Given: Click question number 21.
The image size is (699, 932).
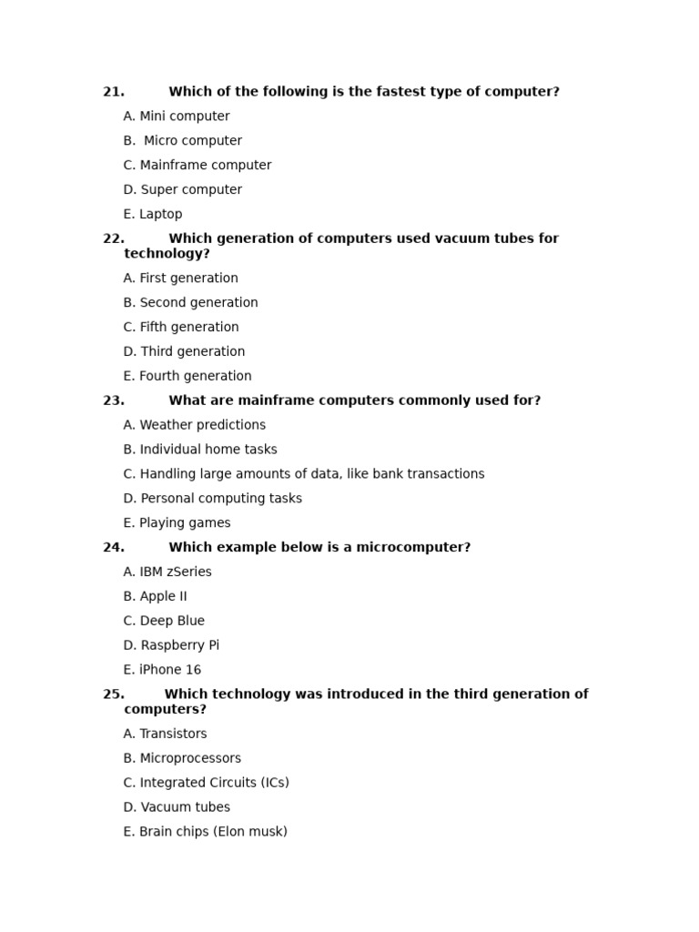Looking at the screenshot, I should pos(113,92).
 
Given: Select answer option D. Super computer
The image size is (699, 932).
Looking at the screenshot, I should pos(182,190).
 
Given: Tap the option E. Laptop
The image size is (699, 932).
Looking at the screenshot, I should pos(153,215).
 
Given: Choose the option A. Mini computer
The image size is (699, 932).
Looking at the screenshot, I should pos(177,116).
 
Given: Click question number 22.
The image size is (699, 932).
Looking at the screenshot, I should pos(113,238).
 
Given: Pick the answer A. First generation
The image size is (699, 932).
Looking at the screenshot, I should pos(180,279).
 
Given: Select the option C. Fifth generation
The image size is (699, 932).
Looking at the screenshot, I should pos(181,328).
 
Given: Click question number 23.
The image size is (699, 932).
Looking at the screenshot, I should pos(113,400).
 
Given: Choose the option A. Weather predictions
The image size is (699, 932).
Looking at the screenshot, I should pos(195,425).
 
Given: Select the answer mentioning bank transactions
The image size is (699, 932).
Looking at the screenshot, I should pos(304,474).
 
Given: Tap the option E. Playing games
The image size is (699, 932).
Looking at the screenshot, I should pos(177,523).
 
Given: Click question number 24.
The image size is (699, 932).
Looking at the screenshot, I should pos(113,548).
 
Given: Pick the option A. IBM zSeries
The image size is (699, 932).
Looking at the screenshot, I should pos(167,572).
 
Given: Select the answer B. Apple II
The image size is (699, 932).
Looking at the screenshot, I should pos(156,597).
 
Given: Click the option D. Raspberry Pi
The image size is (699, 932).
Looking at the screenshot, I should pos(171,646).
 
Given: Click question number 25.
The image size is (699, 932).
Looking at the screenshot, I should pos(113,694).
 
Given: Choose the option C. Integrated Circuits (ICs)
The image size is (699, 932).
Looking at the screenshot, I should pos(206,783).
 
